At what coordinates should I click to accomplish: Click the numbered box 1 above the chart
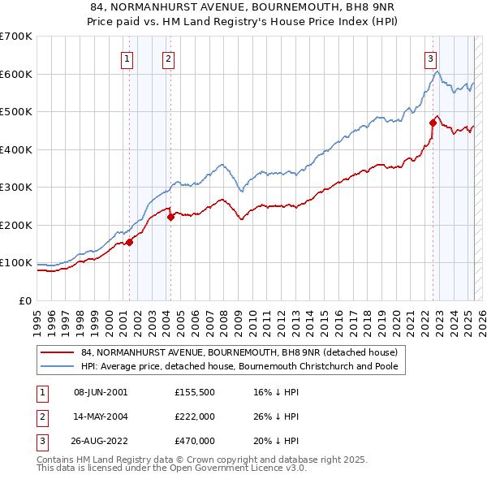tap(128, 58)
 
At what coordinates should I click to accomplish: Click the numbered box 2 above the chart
tap(168, 58)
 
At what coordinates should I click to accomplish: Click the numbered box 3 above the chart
tap(429, 58)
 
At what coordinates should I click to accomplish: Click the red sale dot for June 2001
tap(129, 242)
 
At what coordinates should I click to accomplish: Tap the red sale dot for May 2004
tap(170, 217)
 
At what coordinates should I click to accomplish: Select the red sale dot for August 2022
tap(433, 123)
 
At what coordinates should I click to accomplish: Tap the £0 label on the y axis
tap(24, 301)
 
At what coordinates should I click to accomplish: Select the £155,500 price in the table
tap(194, 392)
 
